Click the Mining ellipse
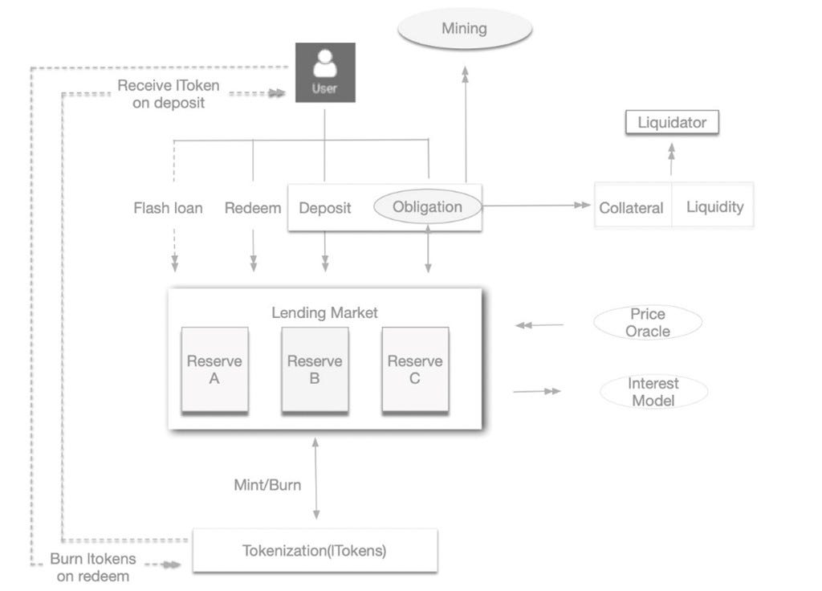[465, 29]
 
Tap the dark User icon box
[324, 72]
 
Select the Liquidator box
[672, 123]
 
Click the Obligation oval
[427, 207]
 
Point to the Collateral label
[631, 208]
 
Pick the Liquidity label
[714, 207]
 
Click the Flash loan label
[168, 208]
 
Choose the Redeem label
[253, 208]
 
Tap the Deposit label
[325, 208]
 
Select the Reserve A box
[214, 369]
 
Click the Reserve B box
[315, 369]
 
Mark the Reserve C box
[414, 369]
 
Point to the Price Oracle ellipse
[648, 322]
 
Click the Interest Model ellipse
[653, 392]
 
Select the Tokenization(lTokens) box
[315, 551]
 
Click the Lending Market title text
[324, 312]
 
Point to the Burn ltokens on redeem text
[93, 567]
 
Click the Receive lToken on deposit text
[168, 94]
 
